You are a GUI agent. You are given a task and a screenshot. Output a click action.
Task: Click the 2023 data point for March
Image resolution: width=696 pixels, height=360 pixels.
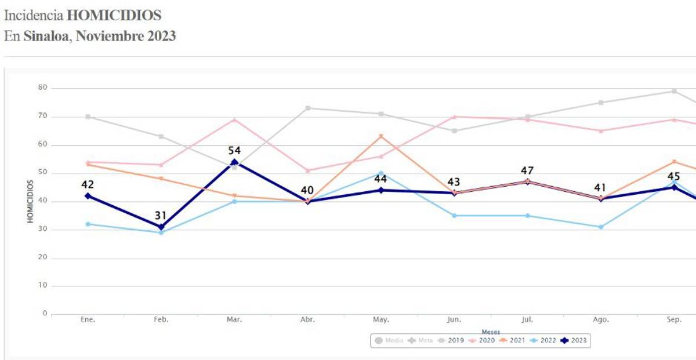pyautogui.click(x=234, y=162)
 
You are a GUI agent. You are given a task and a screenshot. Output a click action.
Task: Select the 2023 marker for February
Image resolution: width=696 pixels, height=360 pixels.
pyautogui.click(x=161, y=227)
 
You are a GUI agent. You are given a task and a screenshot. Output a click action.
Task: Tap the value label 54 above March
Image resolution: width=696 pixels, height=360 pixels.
pyautogui.click(x=234, y=151)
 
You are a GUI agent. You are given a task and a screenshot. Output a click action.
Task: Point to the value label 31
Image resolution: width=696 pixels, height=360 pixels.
pyautogui.click(x=161, y=216)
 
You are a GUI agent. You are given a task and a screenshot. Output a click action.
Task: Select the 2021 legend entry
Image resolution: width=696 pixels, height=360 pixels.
pyautogui.click(x=514, y=340)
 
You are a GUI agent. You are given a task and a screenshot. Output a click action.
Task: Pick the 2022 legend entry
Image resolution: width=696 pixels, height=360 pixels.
pyautogui.click(x=545, y=340)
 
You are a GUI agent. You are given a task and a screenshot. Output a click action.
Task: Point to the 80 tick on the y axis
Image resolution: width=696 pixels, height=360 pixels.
pyautogui.click(x=41, y=88)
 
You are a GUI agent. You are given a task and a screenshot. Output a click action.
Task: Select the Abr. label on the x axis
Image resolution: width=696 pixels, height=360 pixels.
pyautogui.click(x=307, y=320)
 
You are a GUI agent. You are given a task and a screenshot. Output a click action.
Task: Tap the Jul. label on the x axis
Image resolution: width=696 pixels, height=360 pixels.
pyautogui.click(x=527, y=320)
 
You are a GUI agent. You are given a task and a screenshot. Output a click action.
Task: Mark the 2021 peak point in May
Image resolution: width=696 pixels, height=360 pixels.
pyautogui.click(x=381, y=136)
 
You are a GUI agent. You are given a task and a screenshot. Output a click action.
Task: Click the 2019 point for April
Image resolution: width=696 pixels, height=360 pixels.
pyautogui.click(x=307, y=108)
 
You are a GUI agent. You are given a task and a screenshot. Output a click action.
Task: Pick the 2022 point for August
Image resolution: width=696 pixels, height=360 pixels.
pyautogui.click(x=601, y=227)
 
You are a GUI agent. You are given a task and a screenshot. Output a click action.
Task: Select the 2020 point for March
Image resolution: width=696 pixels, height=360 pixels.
pyautogui.click(x=234, y=119)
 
